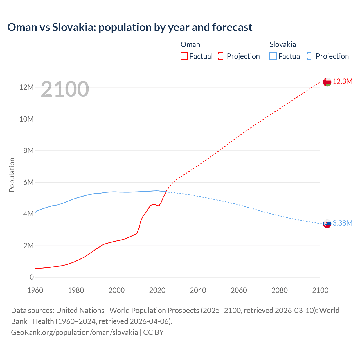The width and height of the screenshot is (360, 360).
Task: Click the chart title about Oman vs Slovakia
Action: tap(130, 27)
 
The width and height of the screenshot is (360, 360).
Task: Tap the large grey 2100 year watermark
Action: tap(65, 89)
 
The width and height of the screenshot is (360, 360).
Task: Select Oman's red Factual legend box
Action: tap(184, 56)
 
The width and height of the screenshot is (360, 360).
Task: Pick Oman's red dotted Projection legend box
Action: tap(221, 56)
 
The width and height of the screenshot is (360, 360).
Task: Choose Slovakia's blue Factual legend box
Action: tap(273, 56)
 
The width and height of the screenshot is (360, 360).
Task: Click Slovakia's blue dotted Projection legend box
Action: tap(310, 56)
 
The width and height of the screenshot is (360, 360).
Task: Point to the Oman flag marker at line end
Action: tap(327, 82)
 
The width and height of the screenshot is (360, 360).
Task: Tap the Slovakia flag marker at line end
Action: tap(327, 224)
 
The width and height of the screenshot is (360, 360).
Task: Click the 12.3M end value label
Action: tap(343, 82)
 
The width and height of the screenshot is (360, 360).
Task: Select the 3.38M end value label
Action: tap(342, 223)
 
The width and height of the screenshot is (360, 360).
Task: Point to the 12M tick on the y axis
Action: tap(26, 87)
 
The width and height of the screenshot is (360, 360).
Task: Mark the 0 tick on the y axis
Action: tap(31, 277)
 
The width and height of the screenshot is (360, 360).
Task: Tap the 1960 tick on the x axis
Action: tap(35, 290)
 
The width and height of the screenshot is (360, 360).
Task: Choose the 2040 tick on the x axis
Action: tap(198, 290)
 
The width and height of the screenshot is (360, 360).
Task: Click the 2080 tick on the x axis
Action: tap(280, 290)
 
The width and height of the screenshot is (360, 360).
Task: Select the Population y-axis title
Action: tap(12, 175)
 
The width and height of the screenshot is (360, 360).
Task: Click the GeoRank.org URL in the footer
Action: tap(75, 332)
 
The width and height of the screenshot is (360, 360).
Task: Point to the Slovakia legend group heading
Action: tap(283, 44)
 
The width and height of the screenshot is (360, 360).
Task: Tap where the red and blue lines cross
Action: tap(166, 192)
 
